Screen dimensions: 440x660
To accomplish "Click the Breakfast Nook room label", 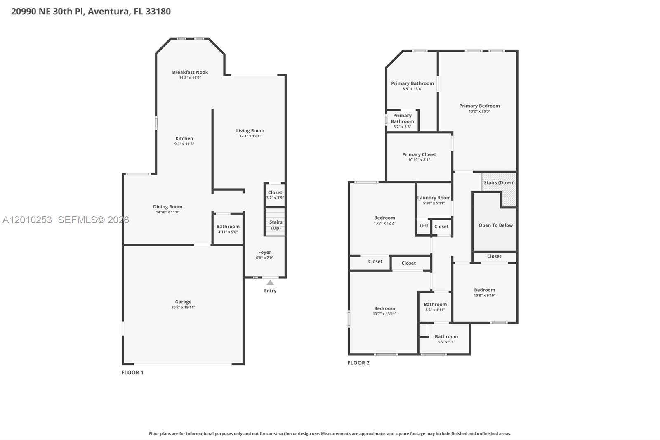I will pyautogui.click(x=190, y=72).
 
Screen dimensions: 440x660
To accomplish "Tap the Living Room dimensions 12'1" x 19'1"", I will pyautogui.click(x=250, y=136).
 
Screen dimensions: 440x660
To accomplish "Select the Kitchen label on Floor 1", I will pyautogui.click(x=184, y=139).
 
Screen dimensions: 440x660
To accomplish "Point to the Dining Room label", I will pyautogui.click(x=167, y=207).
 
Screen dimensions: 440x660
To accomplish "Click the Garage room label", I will pyautogui.click(x=183, y=302).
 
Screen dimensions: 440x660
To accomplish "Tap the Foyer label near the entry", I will pyautogui.click(x=264, y=252).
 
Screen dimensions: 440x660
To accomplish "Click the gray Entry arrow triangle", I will pyautogui.click(x=270, y=283).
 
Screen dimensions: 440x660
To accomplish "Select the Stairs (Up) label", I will pyautogui.click(x=276, y=225).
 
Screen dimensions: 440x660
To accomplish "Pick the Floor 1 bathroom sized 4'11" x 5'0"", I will pyautogui.click(x=228, y=229).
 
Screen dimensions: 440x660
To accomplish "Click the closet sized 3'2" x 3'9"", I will pyautogui.click(x=275, y=195).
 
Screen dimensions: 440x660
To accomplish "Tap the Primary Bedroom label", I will pyautogui.click(x=479, y=106).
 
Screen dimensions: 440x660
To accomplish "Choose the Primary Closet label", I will pyautogui.click(x=419, y=154).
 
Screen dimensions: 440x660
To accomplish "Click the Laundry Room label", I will pyautogui.click(x=434, y=198).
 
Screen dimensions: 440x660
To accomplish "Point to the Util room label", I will pyautogui.click(x=424, y=226).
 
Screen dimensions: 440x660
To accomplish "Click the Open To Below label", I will pyautogui.click(x=495, y=225).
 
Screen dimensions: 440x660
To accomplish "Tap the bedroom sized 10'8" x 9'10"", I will pyautogui.click(x=484, y=292).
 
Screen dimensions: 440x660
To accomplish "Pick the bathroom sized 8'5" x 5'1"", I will pyautogui.click(x=446, y=339).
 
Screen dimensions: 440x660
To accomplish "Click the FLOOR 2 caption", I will pyautogui.click(x=358, y=363).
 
